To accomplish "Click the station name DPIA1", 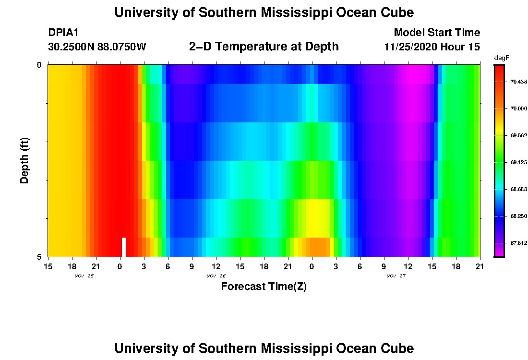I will (x=63, y=33).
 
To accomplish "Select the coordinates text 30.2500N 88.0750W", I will (x=97, y=47).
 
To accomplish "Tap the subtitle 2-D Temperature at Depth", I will (x=264, y=47).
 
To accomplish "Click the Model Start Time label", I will (x=437, y=33).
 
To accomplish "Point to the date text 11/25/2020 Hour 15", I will (x=432, y=47).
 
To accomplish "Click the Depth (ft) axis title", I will (x=25, y=160).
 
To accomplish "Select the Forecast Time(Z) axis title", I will (x=264, y=287).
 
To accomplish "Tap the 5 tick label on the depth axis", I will (x=39, y=257).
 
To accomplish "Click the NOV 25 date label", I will (x=84, y=276).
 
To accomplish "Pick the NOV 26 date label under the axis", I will (x=216, y=276).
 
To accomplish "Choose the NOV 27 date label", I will (x=396, y=276).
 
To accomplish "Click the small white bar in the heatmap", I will (x=124, y=247).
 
